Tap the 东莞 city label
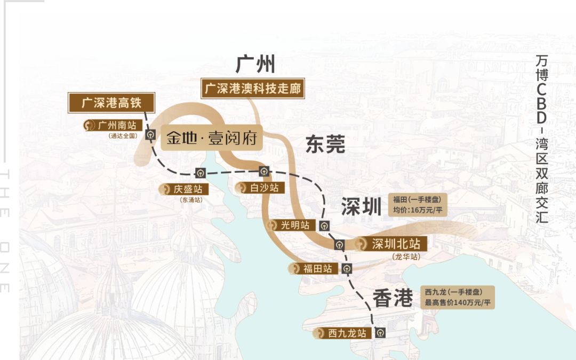325,145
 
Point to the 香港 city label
393,298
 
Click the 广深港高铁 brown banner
111,102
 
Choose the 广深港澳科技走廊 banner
253,89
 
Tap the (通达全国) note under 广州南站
122,136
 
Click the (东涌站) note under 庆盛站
191,200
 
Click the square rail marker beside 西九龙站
380,332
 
